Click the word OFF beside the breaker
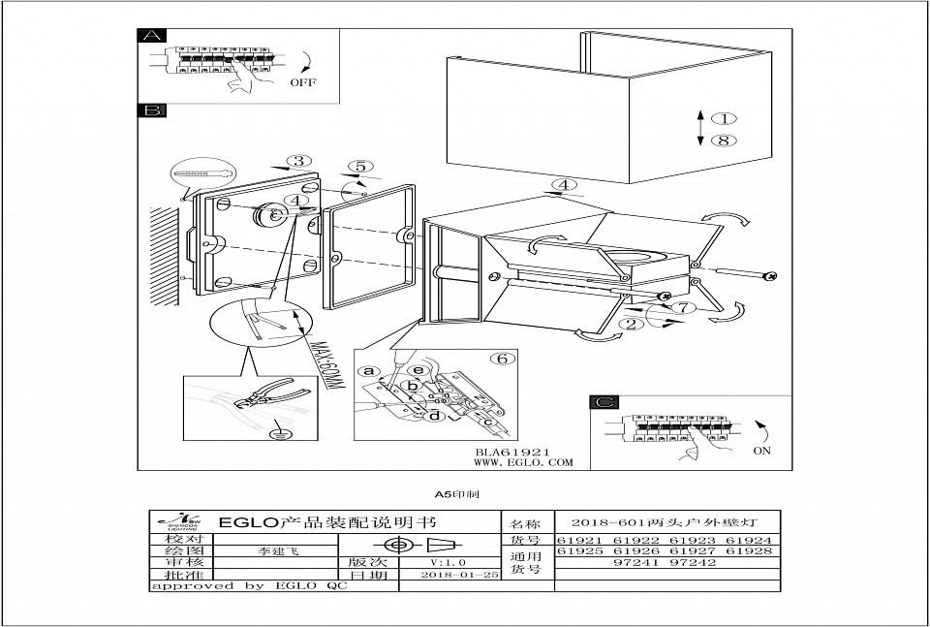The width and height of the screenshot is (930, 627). tap(303, 83)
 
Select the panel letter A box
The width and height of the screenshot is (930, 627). tap(152, 36)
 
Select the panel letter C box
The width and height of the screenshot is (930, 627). tap(604, 402)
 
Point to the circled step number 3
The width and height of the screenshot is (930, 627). tap(300, 162)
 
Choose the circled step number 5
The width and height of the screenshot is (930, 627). tap(359, 167)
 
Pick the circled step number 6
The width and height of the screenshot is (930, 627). tap(501, 359)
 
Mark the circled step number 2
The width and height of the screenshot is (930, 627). tap(631, 325)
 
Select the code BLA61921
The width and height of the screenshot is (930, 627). tap(513, 452)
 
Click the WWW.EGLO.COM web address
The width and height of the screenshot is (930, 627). tap(523, 463)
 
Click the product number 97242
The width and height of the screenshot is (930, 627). tap(697, 562)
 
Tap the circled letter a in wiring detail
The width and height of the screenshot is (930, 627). tap(367, 370)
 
